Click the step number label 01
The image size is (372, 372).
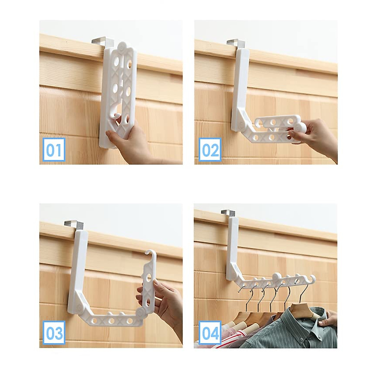[54, 149]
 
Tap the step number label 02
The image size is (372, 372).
[210, 150]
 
